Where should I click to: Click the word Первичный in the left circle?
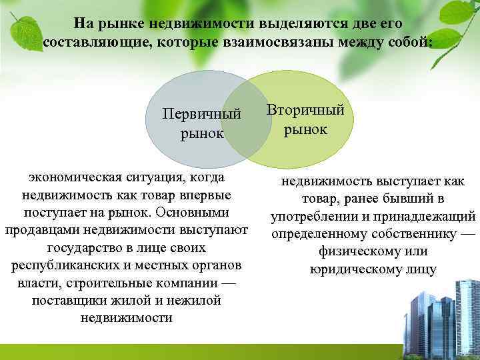coord(201,115)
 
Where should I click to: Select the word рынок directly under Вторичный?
coord(305,129)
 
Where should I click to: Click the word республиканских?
coord(69,265)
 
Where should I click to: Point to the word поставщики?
coord(67,301)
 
